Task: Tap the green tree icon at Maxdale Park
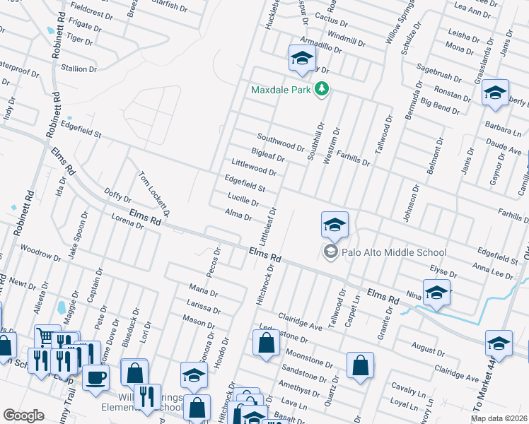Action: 322,88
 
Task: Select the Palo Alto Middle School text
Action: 395,252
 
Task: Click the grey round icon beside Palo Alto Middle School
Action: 330,252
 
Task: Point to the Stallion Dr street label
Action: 79,69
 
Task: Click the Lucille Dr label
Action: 243,201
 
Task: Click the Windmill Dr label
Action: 346,41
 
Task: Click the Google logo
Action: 23,416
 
